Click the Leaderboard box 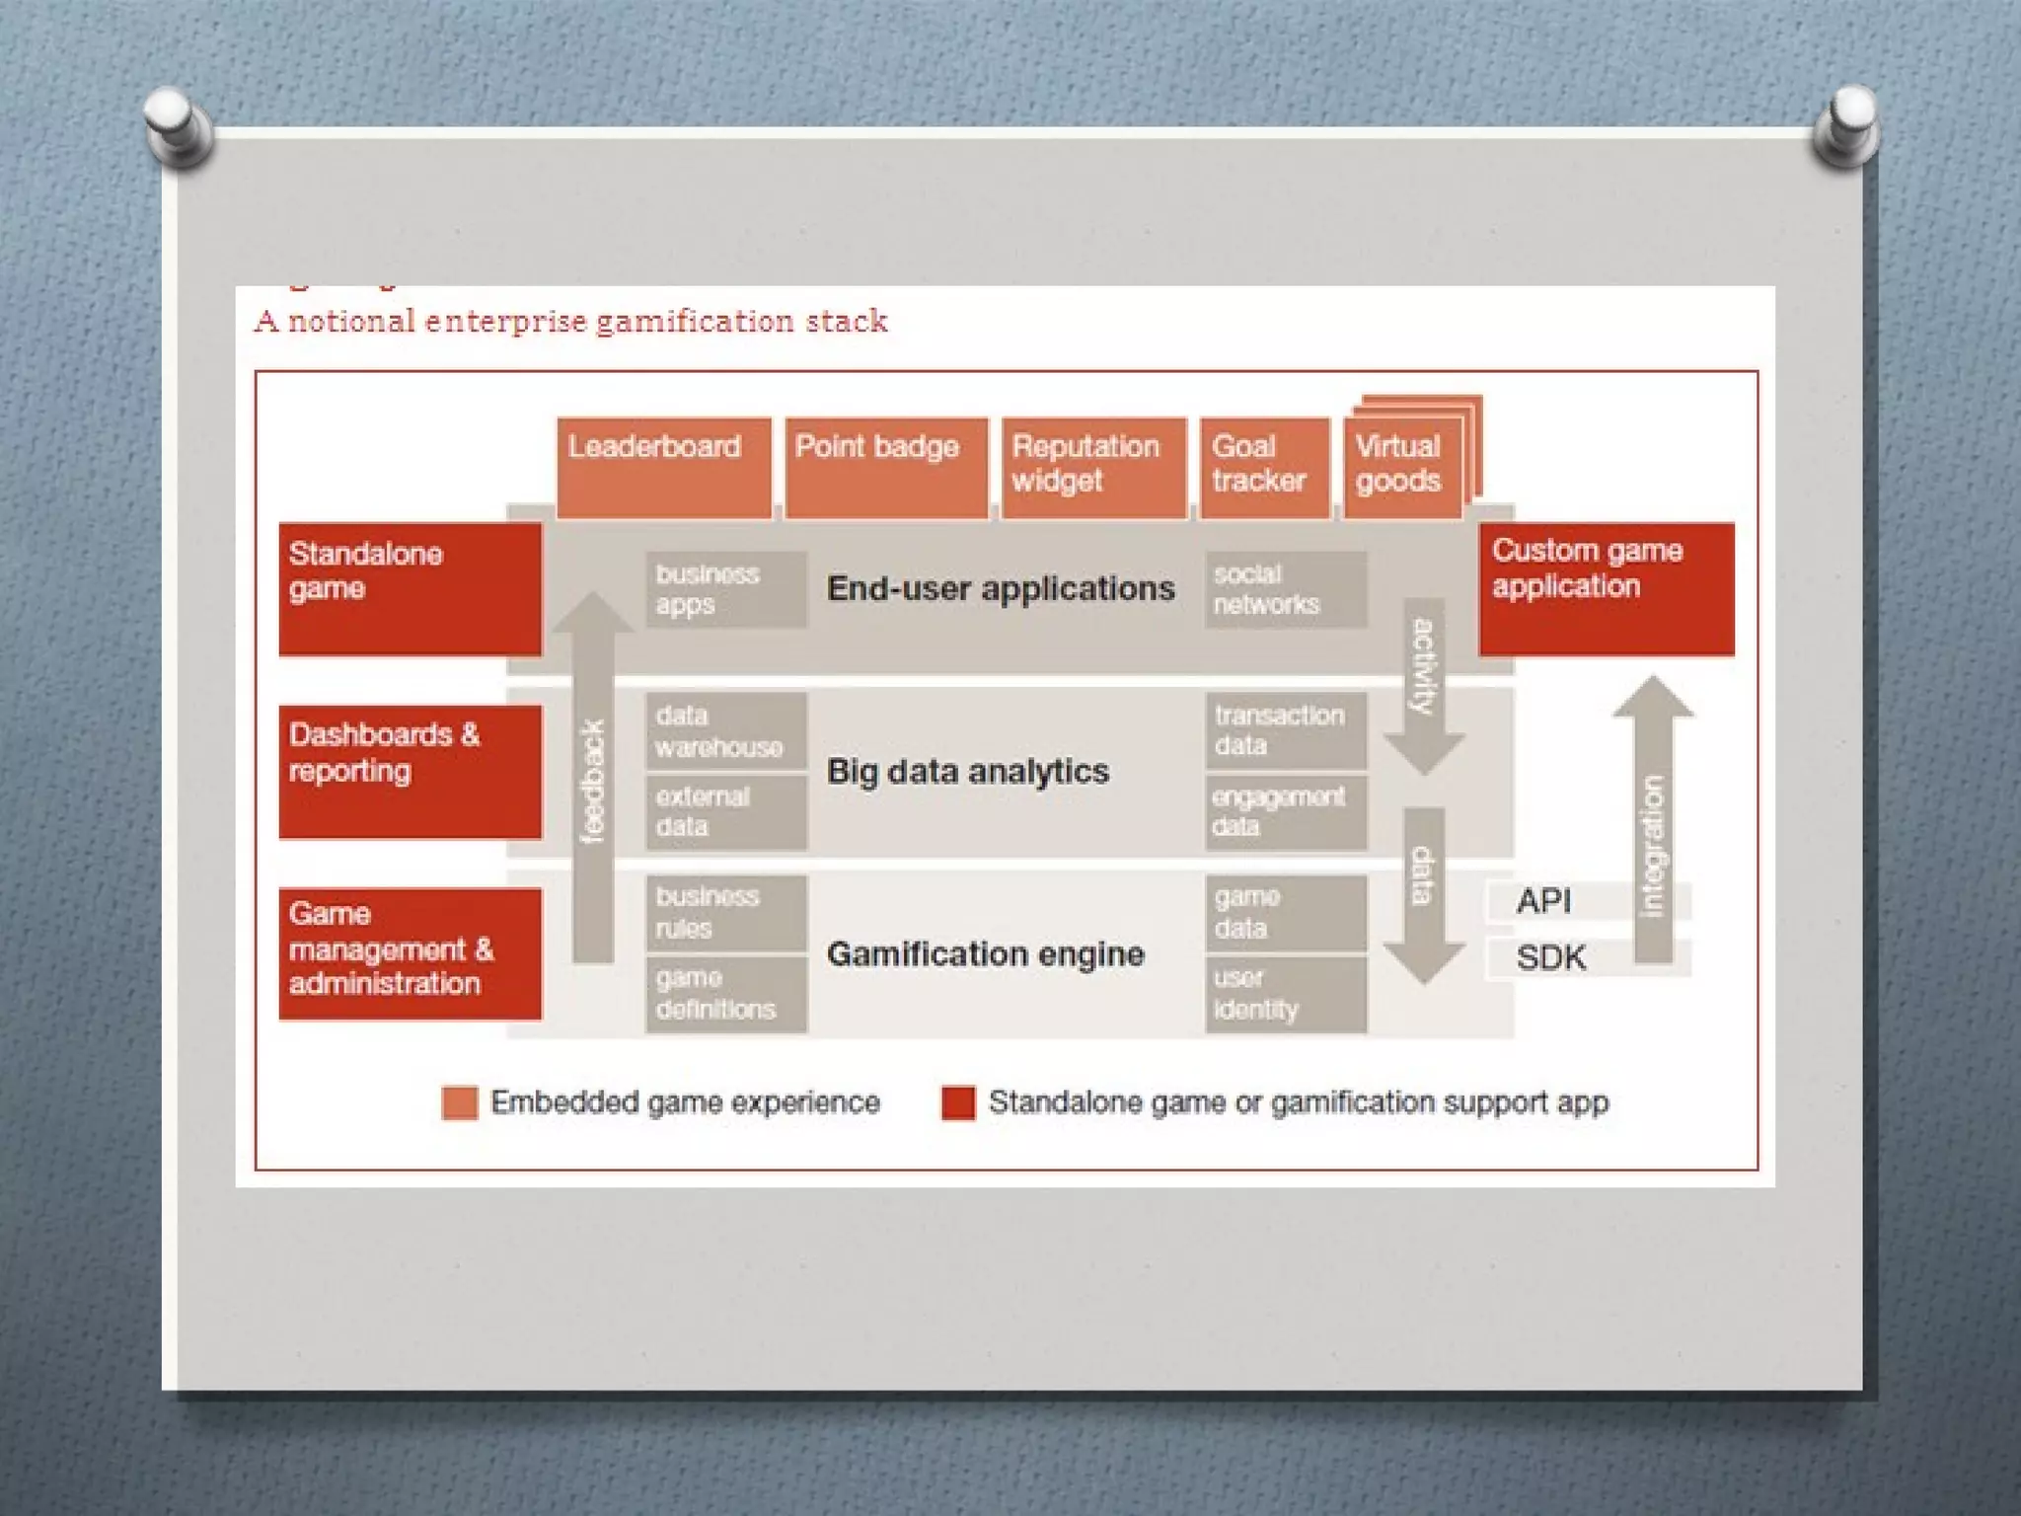point(663,467)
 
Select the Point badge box point(886,467)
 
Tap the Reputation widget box point(1093,467)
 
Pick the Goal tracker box point(1264,467)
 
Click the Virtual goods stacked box point(1402,465)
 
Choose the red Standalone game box point(410,589)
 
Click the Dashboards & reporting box point(410,771)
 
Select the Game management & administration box point(410,952)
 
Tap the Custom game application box point(1606,589)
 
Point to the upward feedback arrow point(593,780)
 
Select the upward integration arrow point(1653,819)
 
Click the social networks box point(1285,589)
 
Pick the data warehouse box point(725,731)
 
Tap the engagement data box point(1285,812)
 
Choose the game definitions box point(725,994)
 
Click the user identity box point(1285,994)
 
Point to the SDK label point(1551,958)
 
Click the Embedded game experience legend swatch point(460,1102)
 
